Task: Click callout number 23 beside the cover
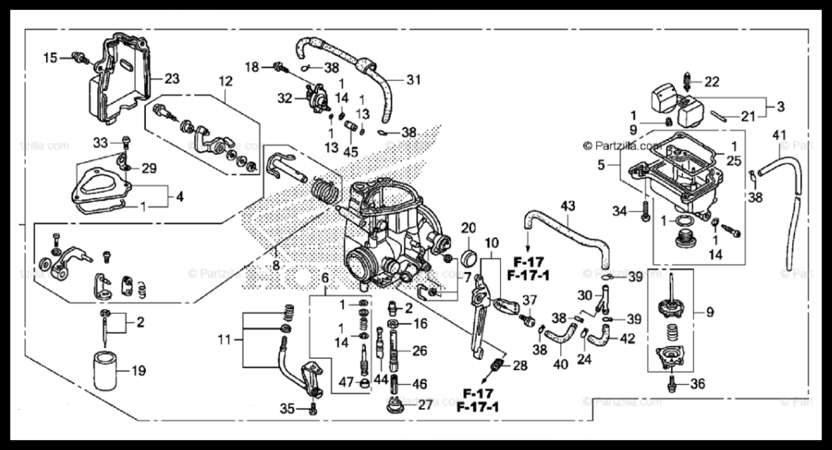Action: pos(172,79)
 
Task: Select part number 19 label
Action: pos(138,371)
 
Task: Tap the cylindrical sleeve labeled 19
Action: pos(106,371)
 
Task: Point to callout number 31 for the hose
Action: pos(413,80)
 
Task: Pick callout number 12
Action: pos(225,81)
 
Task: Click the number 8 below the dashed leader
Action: pos(276,265)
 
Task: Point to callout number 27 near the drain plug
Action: pos(425,405)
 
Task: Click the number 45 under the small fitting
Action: pos(351,152)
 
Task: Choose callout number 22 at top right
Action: pos(711,81)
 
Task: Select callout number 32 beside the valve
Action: pos(285,99)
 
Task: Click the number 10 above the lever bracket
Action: pos(491,243)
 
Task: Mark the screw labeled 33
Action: pos(125,141)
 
